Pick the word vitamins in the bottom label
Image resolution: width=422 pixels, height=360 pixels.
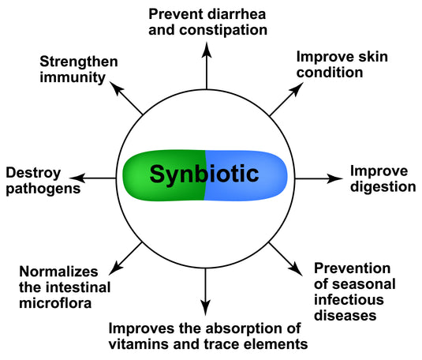(137, 344)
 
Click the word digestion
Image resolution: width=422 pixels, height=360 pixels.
(383, 187)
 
